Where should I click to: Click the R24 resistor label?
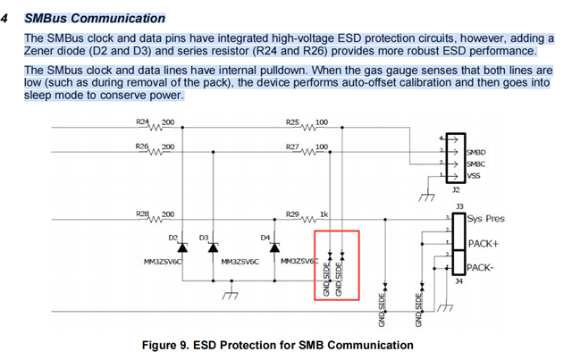click(142, 121)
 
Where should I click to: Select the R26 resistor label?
click(142, 147)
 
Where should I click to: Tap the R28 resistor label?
click(142, 213)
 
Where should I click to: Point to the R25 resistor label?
click(292, 122)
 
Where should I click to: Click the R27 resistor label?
click(292, 147)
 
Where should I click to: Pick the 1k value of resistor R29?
click(324, 214)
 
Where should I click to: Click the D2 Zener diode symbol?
click(182, 248)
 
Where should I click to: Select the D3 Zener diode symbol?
click(213, 248)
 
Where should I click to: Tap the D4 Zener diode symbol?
click(274, 248)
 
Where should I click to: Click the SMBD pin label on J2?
click(476, 152)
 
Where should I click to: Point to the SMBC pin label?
click(476, 164)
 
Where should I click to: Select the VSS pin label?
click(474, 176)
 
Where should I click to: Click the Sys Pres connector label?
click(485, 219)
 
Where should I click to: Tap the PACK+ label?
click(483, 243)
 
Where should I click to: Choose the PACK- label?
click(481, 268)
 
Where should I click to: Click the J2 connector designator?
click(456, 189)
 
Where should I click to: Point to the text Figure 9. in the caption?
click(165, 345)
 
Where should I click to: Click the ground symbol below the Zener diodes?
click(231, 295)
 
